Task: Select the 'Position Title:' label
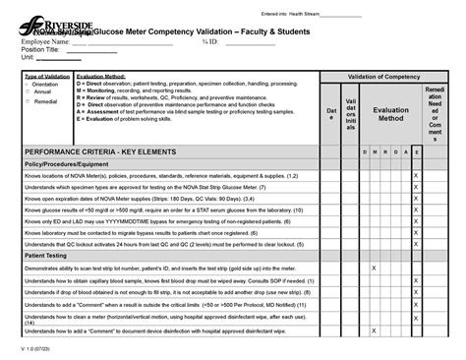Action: [29, 49]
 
